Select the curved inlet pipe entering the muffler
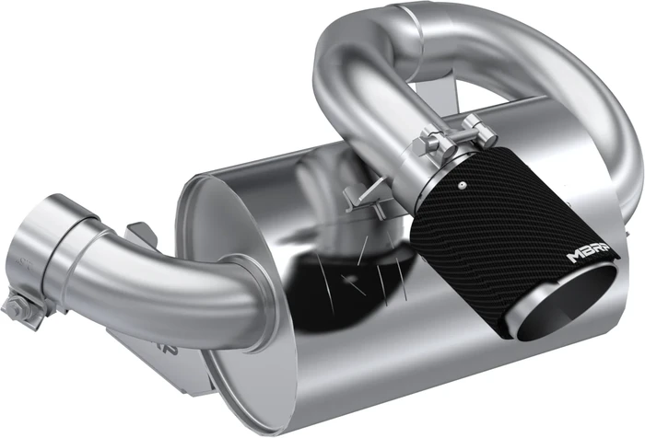[x=175, y=276]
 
